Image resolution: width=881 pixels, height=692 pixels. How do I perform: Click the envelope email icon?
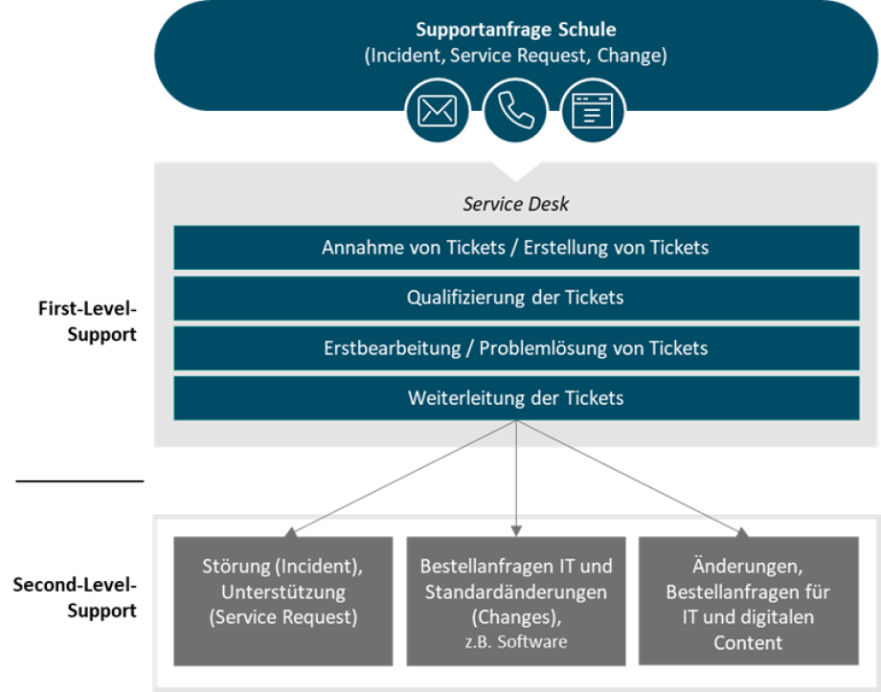pyautogui.click(x=437, y=111)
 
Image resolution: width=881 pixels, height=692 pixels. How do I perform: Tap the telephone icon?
pyautogui.click(x=515, y=111)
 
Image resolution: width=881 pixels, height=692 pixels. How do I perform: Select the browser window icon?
pyautogui.click(x=592, y=111)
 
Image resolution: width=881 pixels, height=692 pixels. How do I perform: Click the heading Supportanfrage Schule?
pyautogui.click(x=515, y=30)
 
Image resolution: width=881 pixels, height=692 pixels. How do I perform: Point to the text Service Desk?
pyautogui.click(x=515, y=204)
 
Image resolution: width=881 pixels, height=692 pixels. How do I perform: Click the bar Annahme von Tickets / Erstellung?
pyautogui.click(x=515, y=248)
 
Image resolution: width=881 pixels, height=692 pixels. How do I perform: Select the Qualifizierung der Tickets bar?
pyautogui.click(x=515, y=298)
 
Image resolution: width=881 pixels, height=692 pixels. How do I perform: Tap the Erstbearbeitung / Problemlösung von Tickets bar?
pyautogui.click(x=515, y=347)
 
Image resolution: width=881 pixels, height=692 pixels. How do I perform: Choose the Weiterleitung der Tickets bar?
pyautogui.click(x=515, y=398)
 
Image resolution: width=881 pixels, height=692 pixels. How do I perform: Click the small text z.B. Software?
pyautogui.click(x=515, y=641)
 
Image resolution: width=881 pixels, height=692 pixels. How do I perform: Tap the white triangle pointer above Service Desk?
pyautogui.click(x=516, y=168)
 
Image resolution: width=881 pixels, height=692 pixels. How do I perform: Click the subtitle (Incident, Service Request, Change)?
pyautogui.click(x=515, y=56)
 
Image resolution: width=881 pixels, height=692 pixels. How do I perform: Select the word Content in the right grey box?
pyautogui.click(x=748, y=643)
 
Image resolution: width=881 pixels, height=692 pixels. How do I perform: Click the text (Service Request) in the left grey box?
pyautogui.click(x=282, y=617)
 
